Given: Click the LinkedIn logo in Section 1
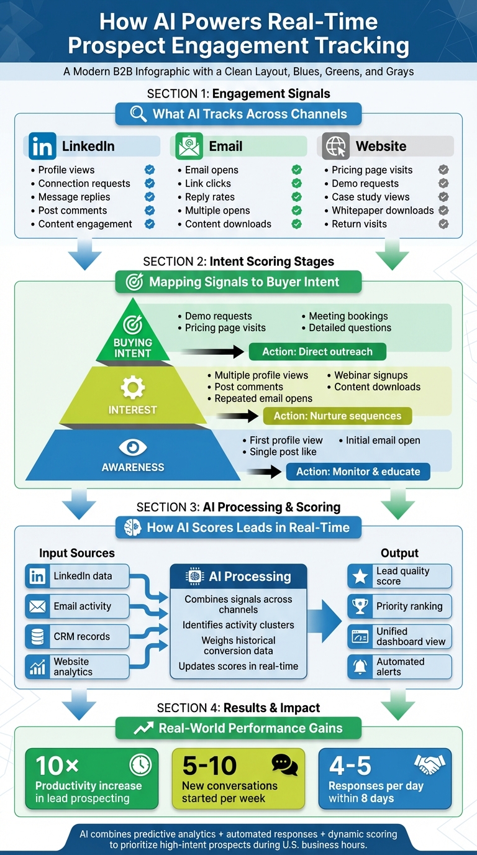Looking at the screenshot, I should (42, 146).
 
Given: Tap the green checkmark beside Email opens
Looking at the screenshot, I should (297, 170).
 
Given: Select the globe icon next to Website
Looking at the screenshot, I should (336, 146).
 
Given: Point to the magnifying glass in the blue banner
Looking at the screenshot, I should (138, 114).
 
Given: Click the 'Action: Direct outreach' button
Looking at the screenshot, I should (317, 352).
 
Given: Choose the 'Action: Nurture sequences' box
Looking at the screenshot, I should (337, 416).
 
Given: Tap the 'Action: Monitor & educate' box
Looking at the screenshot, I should (358, 472).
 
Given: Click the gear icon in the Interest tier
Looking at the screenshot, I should (132, 388).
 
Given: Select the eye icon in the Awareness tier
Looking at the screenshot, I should (132, 447).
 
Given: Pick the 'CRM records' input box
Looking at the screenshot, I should (77, 636).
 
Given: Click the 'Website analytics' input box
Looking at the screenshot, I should (77, 667).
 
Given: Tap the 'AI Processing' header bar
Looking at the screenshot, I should (238, 577).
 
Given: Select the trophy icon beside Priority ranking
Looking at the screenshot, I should (360, 606).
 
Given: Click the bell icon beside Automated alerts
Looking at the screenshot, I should (360, 667).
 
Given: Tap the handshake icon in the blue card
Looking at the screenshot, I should (430, 764).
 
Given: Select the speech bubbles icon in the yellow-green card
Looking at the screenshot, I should (284, 764).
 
